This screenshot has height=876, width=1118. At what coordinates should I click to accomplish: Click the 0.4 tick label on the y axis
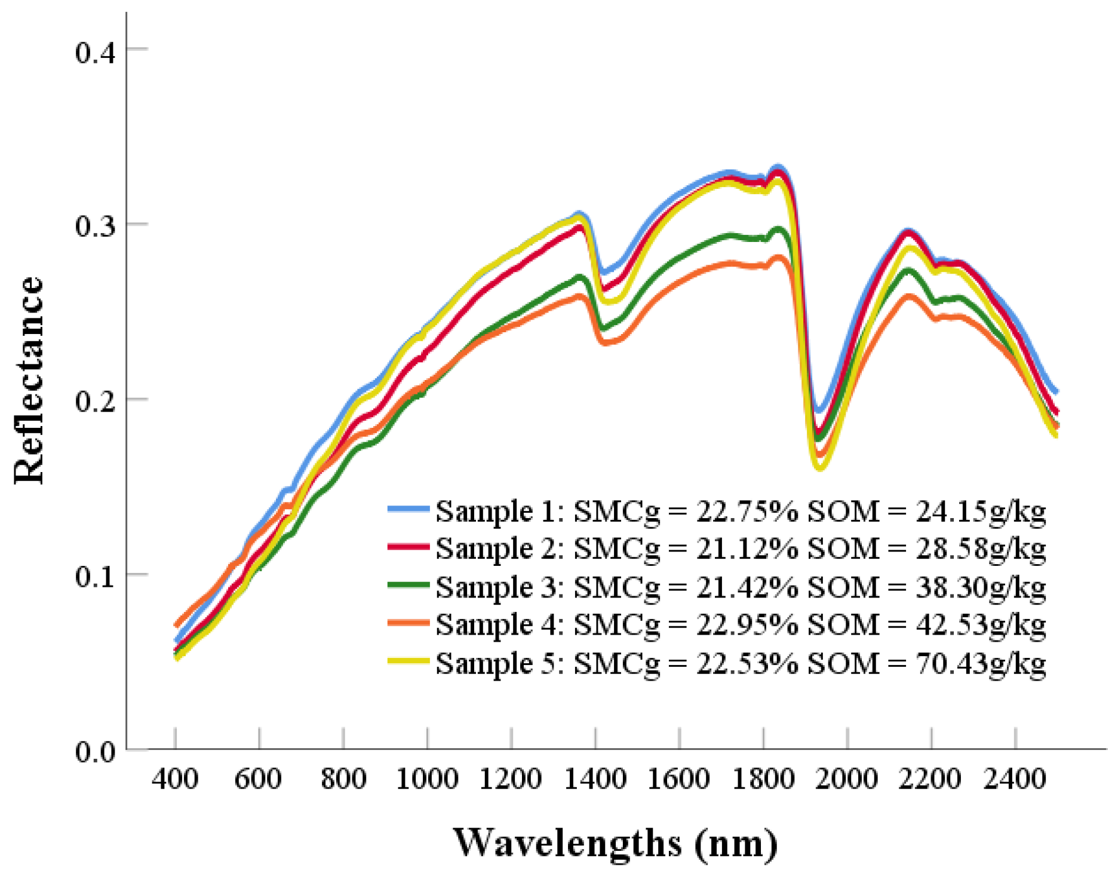click(x=95, y=51)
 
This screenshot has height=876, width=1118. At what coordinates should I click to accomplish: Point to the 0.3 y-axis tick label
click(x=95, y=226)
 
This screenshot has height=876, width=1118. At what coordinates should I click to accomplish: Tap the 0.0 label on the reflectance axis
click(x=95, y=752)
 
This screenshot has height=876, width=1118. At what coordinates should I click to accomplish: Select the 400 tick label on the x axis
click(x=174, y=779)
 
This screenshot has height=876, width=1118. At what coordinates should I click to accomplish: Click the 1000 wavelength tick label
click(x=427, y=779)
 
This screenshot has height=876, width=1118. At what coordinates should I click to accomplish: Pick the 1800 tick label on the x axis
click(x=763, y=779)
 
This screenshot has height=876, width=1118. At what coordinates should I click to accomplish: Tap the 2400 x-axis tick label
click(x=1015, y=779)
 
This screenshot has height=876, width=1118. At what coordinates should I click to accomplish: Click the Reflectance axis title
click(x=29, y=381)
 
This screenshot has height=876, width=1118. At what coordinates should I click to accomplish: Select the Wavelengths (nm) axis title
click(x=615, y=843)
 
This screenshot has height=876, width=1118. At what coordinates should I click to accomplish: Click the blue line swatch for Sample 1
click(x=408, y=509)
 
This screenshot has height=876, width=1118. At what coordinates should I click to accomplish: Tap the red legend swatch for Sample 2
click(x=408, y=547)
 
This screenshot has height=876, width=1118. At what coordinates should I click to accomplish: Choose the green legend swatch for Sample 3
click(x=408, y=585)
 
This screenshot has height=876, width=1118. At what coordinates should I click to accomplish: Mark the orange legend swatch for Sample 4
click(x=408, y=623)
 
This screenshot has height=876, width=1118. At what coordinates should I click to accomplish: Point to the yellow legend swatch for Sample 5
click(x=408, y=661)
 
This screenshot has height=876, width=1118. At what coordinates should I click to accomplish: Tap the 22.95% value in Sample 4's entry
click(x=747, y=625)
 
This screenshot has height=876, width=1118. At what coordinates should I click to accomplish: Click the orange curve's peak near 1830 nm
click(x=779, y=258)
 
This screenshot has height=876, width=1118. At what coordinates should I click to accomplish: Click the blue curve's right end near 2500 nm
click(x=1056, y=391)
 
